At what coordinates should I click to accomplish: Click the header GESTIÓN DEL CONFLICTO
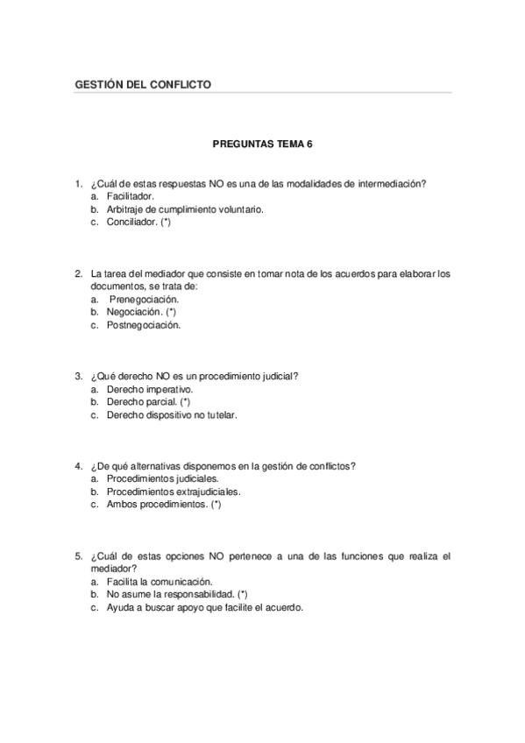click(144, 84)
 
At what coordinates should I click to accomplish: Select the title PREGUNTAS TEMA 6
click(263, 141)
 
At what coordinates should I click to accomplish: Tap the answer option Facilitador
click(130, 196)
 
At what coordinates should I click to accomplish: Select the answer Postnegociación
click(144, 325)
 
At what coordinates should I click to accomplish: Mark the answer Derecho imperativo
click(149, 389)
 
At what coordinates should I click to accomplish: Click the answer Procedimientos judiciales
click(162, 478)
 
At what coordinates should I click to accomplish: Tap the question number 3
click(78, 376)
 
